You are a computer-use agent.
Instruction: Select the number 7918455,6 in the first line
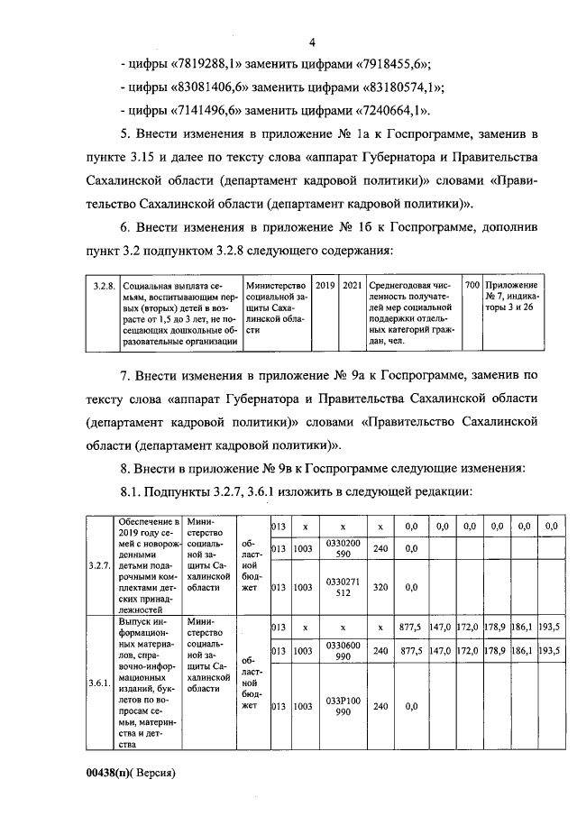[x=391, y=64]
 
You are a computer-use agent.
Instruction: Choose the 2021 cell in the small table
[x=353, y=285]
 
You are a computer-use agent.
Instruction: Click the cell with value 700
[x=472, y=285]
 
